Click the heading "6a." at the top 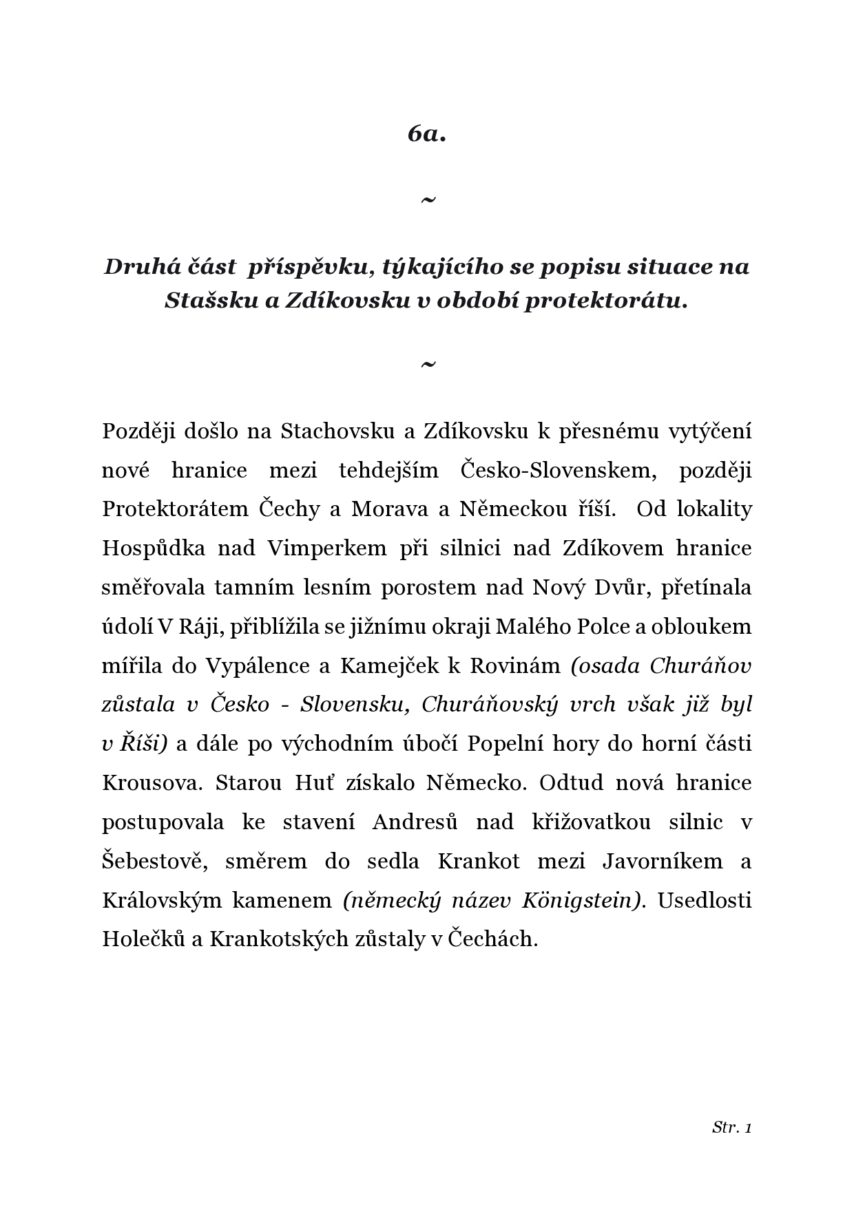click(x=427, y=133)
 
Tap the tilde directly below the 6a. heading click(x=428, y=200)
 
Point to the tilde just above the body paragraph click(x=428, y=364)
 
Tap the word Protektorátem click(x=175, y=509)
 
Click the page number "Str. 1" click(x=731, y=1127)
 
